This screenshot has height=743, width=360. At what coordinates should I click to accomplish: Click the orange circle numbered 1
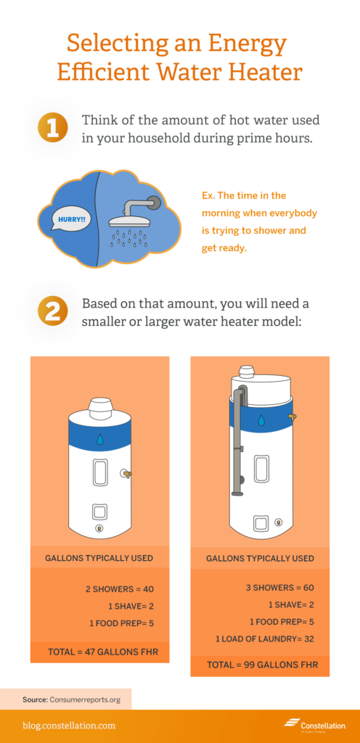[53, 128]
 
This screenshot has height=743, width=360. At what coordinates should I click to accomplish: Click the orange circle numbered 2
[53, 311]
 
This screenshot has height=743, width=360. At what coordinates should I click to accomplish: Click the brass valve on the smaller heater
[126, 475]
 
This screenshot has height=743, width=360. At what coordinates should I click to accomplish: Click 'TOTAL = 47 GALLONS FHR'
[99, 652]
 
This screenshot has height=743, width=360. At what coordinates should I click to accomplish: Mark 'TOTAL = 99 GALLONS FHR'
[260, 665]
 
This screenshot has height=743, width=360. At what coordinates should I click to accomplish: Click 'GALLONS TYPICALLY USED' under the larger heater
[260, 558]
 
